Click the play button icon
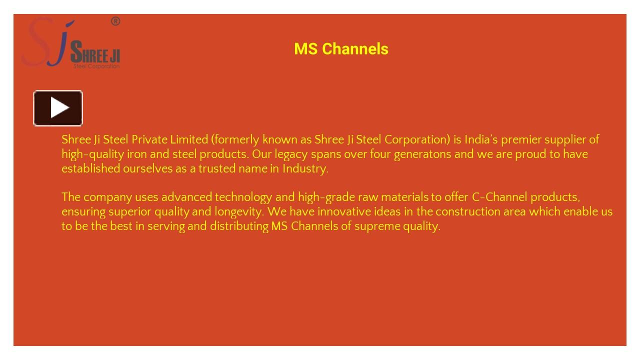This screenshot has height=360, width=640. coord(58,108)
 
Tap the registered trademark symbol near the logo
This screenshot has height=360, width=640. coord(115,21)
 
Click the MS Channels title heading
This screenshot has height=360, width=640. coord(341,49)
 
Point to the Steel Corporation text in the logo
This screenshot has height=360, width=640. coord(96,66)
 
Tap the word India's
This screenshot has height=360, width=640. coord(481,139)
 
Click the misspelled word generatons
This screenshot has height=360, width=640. coord(422,154)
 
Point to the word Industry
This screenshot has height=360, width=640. coord(305,168)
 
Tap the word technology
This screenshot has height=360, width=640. coord(243,197)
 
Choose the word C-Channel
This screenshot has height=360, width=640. coord(499,197)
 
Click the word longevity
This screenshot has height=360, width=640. coord(239,211)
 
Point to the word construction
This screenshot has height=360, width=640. coord(467,211)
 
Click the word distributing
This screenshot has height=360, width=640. coord(239,226)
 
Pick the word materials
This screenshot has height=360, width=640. coord(404,197)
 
